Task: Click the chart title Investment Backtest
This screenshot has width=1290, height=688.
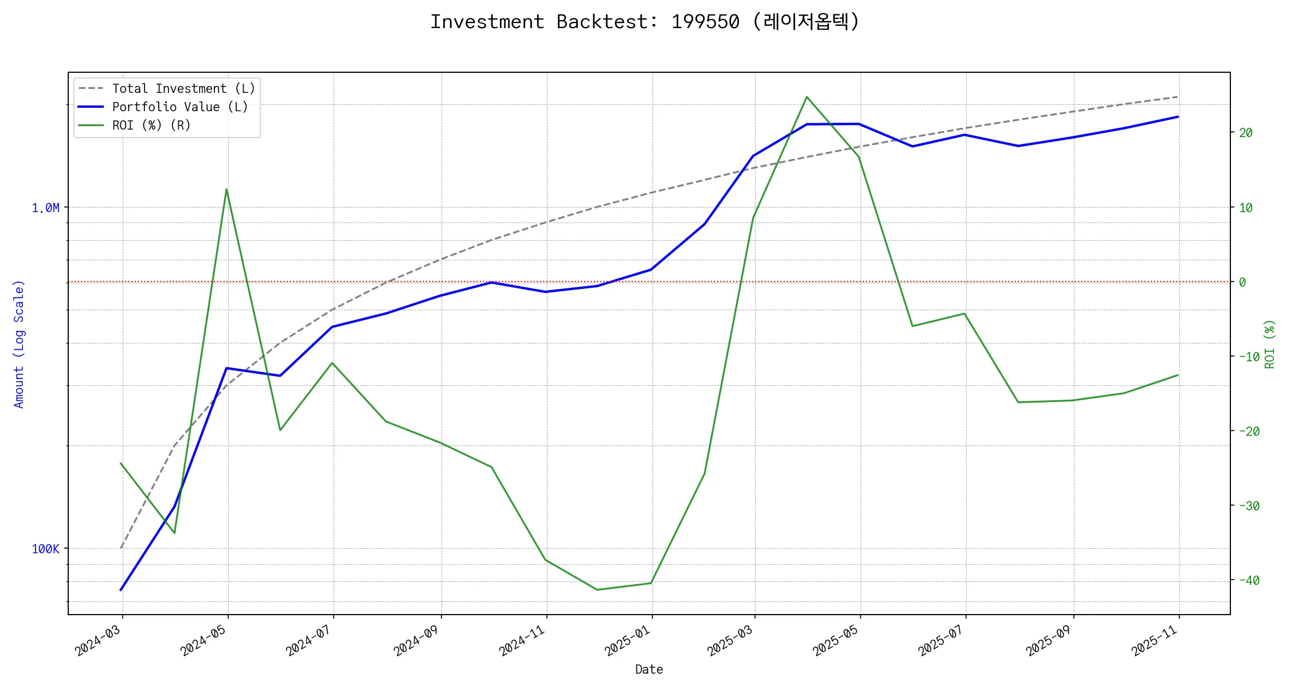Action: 644,22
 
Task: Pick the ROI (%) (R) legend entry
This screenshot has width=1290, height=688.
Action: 151,126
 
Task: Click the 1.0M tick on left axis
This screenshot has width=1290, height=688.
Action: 45,208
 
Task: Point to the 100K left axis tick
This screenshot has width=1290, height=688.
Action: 45,549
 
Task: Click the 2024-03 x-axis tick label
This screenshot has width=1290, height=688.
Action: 99,640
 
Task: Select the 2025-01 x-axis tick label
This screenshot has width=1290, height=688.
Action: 628,640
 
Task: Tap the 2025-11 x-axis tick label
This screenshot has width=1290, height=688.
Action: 1155,640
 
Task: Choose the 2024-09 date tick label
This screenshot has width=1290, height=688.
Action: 417,640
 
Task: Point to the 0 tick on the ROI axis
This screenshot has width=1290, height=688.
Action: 1242,282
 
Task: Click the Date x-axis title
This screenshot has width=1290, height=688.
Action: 649,670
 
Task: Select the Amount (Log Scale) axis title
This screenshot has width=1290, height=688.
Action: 19,344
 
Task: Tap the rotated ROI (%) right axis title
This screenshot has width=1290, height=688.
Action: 1269,344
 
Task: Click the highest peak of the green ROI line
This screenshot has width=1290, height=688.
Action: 807,97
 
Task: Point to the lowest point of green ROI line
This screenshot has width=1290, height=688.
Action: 597,589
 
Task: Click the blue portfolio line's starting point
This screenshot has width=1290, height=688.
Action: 121,589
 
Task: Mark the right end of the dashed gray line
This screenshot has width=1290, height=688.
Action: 1178,97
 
